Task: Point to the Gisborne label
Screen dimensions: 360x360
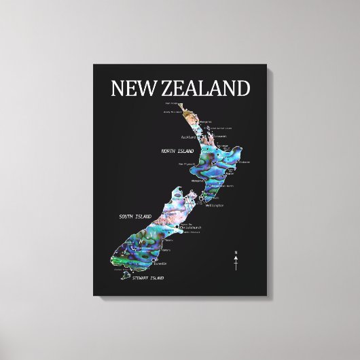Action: (x=244, y=162)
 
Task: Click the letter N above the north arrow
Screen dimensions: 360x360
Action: (x=236, y=253)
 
